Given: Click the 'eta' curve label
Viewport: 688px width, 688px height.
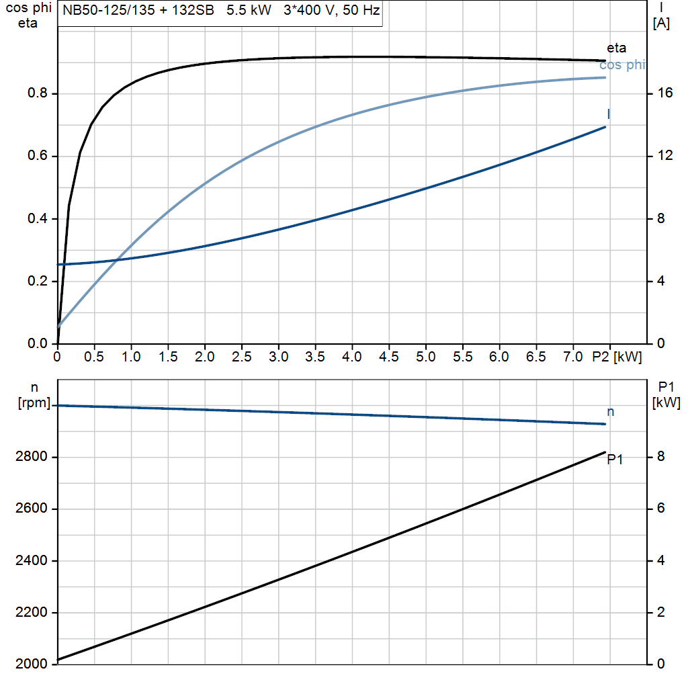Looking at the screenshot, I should [x=616, y=48].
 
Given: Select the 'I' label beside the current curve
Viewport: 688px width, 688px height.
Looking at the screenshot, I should [x=609, y=114].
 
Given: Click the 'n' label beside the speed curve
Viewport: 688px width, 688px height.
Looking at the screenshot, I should [x=611, y=411].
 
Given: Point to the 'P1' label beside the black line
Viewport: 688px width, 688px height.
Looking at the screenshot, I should [x=615, y=460].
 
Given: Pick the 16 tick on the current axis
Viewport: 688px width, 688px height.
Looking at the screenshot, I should [x=665, y=94].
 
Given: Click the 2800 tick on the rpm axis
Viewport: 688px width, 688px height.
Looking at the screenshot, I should [x=32, y=458].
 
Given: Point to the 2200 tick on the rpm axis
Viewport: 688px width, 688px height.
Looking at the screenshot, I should [x=32, y=613].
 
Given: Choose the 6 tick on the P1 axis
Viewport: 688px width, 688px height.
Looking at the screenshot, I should [x=660, y=509].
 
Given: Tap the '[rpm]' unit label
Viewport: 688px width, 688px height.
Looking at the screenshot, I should [x=34, y=404].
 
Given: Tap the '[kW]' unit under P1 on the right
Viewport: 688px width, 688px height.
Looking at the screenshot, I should [x=666, y=403].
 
